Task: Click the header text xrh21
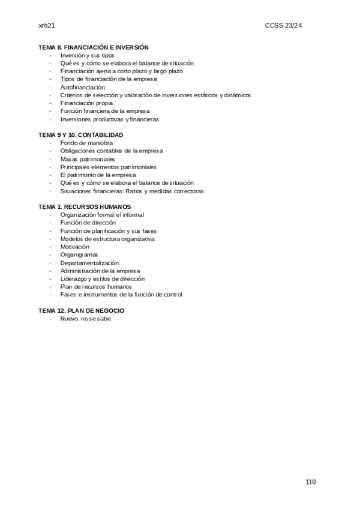point(46,25)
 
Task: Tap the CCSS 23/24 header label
point(295,25)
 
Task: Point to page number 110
point(310,482)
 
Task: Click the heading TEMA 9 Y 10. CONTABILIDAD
point(81,135)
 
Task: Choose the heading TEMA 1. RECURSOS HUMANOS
point(85,206)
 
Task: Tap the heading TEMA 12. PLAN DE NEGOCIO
point(82,310)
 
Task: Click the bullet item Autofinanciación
point(83,87)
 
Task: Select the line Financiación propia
point(86,103)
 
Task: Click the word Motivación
point(75,247)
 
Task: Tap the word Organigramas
point(79,254)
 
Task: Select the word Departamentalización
point(89,263)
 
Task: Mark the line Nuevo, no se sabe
point(86,319)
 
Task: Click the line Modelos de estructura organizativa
point(107,239)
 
